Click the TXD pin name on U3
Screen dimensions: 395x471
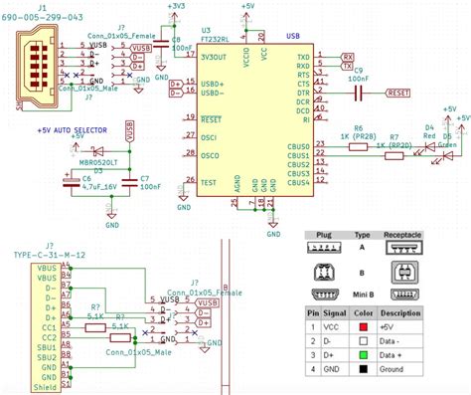click(303, 58)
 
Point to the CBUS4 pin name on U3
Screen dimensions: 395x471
click(299, 183)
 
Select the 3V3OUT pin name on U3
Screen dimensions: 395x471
click(217, 58)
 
